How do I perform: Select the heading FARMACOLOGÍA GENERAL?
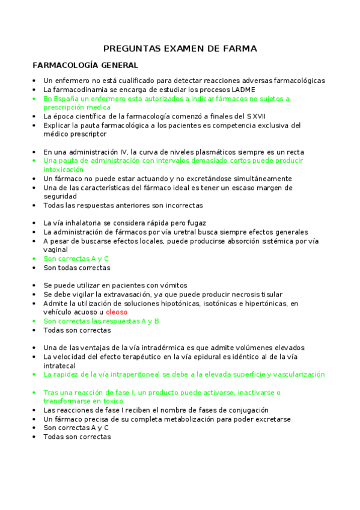coord(85,65)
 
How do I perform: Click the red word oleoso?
coord(117,313)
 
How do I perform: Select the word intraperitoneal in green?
coord(136,375)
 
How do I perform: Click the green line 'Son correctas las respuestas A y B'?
coord(101,321)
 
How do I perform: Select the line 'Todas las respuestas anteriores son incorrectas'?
coord(123,206)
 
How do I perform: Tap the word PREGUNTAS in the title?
coord(132,48)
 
